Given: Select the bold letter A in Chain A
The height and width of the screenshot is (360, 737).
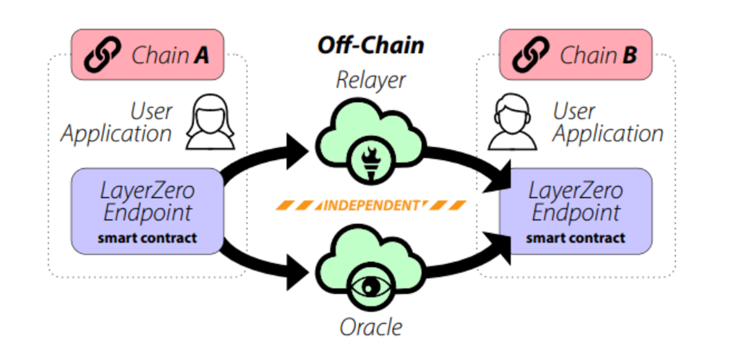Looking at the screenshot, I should pos(201,55).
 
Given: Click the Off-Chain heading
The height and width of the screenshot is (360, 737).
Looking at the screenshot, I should pos(370,45).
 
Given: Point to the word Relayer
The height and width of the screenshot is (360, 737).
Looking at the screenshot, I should pos(371,80).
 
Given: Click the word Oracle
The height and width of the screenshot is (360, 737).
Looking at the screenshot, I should pos(371,327).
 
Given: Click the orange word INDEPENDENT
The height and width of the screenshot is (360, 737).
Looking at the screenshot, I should pos(371,205).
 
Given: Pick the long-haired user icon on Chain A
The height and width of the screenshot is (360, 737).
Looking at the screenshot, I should pos(210,122).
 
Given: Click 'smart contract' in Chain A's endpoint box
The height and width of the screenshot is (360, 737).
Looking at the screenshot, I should pos(147,238).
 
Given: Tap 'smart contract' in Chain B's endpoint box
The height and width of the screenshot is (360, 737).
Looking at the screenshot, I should pos(576,238).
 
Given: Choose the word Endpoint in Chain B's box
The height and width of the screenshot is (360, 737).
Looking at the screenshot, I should pos(576,214).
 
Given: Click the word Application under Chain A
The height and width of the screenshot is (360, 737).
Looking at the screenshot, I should pos(116,134).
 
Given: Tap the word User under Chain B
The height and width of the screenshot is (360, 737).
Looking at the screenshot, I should pos(574,112).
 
